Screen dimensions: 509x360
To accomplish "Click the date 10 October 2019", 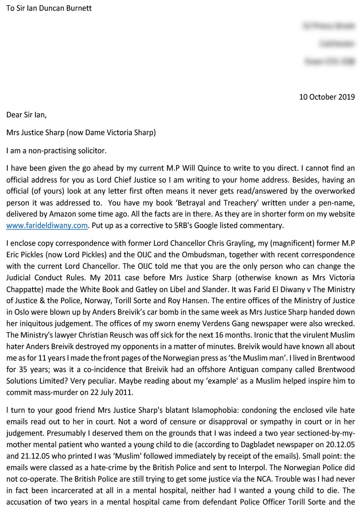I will click(327, 97).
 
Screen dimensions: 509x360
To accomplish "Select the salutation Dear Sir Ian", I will click(26, 115).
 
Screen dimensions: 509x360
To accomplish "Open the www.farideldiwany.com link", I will click(47, 225).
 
